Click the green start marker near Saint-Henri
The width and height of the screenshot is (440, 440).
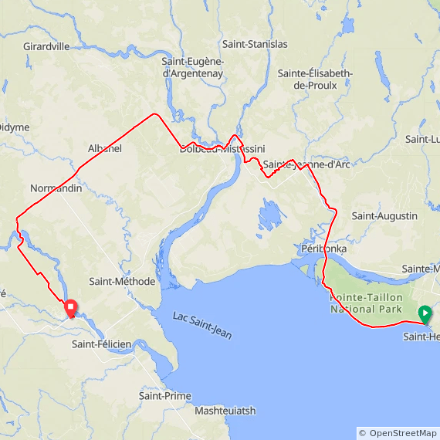[425, 313]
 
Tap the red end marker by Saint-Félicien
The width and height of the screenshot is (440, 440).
[70, 308]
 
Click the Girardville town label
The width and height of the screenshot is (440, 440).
[46, 46]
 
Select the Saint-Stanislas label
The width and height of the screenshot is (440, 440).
[254, 44]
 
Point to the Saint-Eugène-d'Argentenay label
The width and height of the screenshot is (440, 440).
[193, 67]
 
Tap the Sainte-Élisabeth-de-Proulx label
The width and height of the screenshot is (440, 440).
[315, 79]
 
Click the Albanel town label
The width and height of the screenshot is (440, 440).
[105, 148]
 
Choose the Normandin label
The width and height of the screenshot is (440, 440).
[56, 188]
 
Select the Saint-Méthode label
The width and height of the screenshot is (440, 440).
[122, 282]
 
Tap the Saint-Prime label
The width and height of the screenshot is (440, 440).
[164, 396]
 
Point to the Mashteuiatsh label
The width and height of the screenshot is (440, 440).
[225, 411]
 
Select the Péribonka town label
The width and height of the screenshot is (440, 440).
[323, 250]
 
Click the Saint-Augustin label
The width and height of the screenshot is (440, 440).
[384, 216]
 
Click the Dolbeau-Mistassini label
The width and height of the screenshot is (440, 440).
[222, 149]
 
